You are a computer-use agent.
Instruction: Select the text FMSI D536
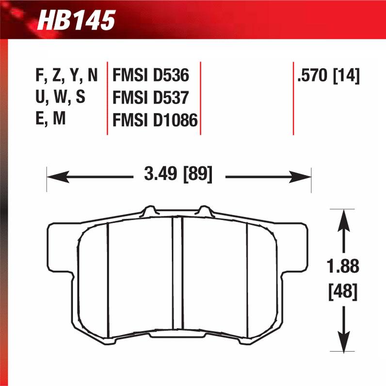150,76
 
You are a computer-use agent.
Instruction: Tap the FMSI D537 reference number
150,98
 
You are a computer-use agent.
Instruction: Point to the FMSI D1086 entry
155,120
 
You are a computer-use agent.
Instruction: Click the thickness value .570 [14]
329,76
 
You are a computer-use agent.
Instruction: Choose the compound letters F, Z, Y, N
66,76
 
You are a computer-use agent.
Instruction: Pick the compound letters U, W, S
60,98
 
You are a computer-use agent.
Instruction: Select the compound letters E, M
50,120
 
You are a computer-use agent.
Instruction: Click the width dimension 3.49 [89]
178,174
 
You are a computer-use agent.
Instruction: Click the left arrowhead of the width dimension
54,177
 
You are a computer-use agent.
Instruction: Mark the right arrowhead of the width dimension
303,177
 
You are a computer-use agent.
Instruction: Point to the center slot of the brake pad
178,276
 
